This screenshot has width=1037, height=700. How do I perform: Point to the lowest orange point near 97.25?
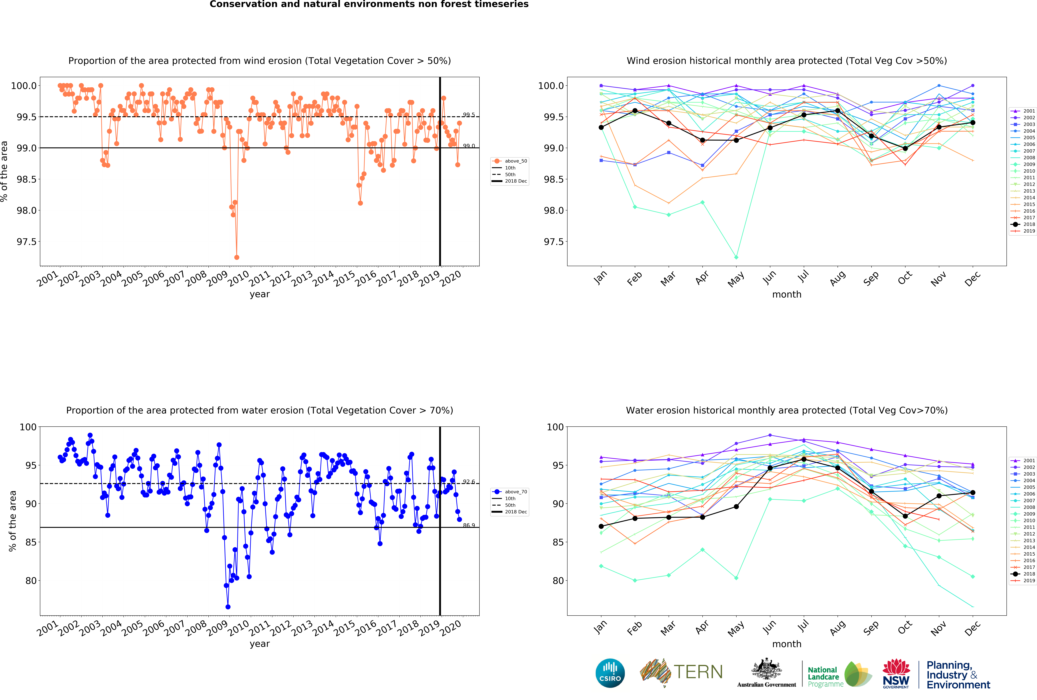237,257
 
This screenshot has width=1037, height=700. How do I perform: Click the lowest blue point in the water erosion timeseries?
228,607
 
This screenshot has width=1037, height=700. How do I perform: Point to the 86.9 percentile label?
469,525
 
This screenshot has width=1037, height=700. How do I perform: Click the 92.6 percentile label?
469,482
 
